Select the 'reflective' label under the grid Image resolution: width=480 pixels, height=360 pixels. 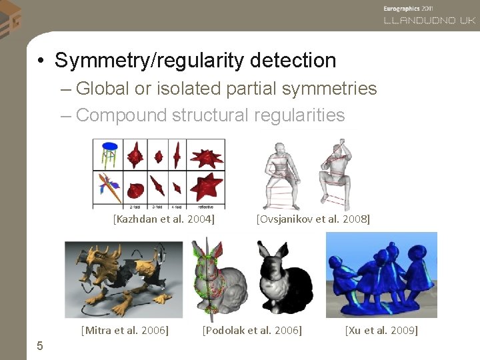(x=206, y=207)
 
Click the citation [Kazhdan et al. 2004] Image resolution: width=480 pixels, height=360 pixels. (x=163, y=218)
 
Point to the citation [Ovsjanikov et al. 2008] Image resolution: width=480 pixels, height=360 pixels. (x=313, y=218)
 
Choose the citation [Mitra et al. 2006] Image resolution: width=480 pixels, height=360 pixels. (x=124, y=330)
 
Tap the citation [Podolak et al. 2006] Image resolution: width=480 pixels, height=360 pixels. (x=252, y=330)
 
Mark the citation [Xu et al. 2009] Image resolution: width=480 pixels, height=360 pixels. (x=381, y=330)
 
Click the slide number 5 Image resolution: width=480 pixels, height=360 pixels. (x=40, y=345)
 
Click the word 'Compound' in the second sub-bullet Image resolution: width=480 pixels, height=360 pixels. (x=121, y=115)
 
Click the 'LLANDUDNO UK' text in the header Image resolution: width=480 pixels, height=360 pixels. (x=429, y=21)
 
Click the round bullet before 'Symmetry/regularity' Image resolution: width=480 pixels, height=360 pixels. (x=41, y=61)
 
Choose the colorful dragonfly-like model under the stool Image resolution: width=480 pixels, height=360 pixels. (x=109, y=187)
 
